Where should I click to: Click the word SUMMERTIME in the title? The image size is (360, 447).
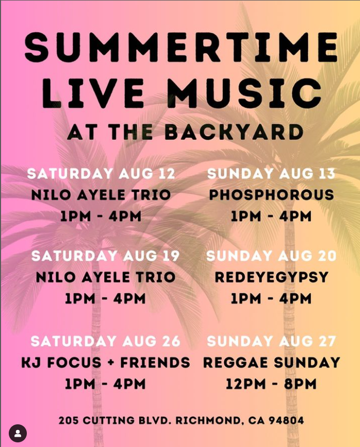tap(182, 47)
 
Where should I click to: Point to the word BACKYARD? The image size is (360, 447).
tap(234, 133)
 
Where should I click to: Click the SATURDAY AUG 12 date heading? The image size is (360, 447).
tap(101, 174)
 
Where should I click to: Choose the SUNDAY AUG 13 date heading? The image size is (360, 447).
tap(271, 174)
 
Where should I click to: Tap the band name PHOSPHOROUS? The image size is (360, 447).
tap(271, 195)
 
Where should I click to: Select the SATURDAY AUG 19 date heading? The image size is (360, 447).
tap(105, 256)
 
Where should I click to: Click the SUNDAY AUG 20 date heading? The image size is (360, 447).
tap(271, 256)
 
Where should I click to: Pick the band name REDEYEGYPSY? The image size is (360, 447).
tap(272, 277)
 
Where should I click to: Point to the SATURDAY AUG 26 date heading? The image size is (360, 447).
tap(105, 341)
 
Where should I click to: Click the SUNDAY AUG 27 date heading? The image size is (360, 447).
tap(271, 341)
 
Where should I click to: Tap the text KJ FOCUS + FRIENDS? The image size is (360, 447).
tap(106, 362)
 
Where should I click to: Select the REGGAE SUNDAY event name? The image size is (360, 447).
tap(272, 362)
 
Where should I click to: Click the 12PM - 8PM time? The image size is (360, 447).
tap(271, 384)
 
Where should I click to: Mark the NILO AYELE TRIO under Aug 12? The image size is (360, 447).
tap(101, 195)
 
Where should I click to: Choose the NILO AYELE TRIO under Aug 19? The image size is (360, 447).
tap(106, 277)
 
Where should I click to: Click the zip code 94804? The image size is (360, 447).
tap(286, 421)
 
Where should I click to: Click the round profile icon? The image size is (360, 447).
tap(18, 434)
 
